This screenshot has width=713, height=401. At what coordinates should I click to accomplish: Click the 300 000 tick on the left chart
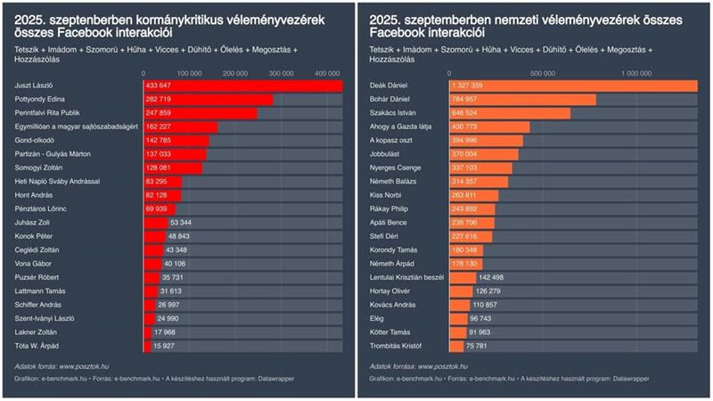click(x=281, y=71)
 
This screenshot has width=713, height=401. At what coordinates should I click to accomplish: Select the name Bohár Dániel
click(x=389, y=99)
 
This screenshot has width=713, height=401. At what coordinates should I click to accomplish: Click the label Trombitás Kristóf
click(x=394, y=345)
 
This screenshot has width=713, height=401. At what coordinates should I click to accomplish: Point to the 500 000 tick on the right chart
click(x=543, y=71)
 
